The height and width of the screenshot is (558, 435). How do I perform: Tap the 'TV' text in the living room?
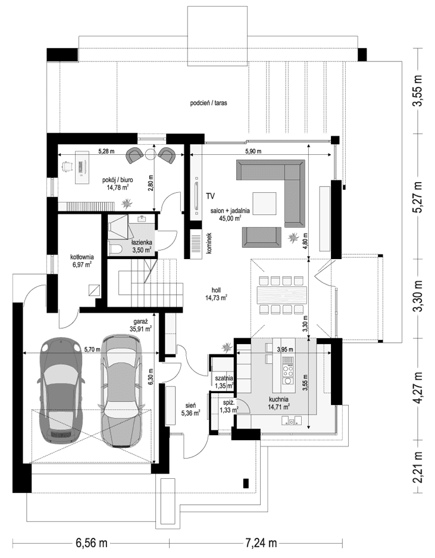pos(210,195)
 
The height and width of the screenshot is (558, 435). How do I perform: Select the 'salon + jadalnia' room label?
pos(230,211)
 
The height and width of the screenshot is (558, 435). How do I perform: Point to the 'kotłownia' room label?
pos(81,257)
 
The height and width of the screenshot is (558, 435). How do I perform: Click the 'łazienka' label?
pos(142,243)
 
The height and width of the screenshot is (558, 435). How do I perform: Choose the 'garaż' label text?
pos(140,320)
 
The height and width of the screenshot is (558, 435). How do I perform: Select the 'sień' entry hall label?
pos(191,403)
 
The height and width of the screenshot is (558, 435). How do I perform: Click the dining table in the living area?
pos(283,295)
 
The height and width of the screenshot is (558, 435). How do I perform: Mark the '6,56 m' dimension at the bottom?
pos(91,543)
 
